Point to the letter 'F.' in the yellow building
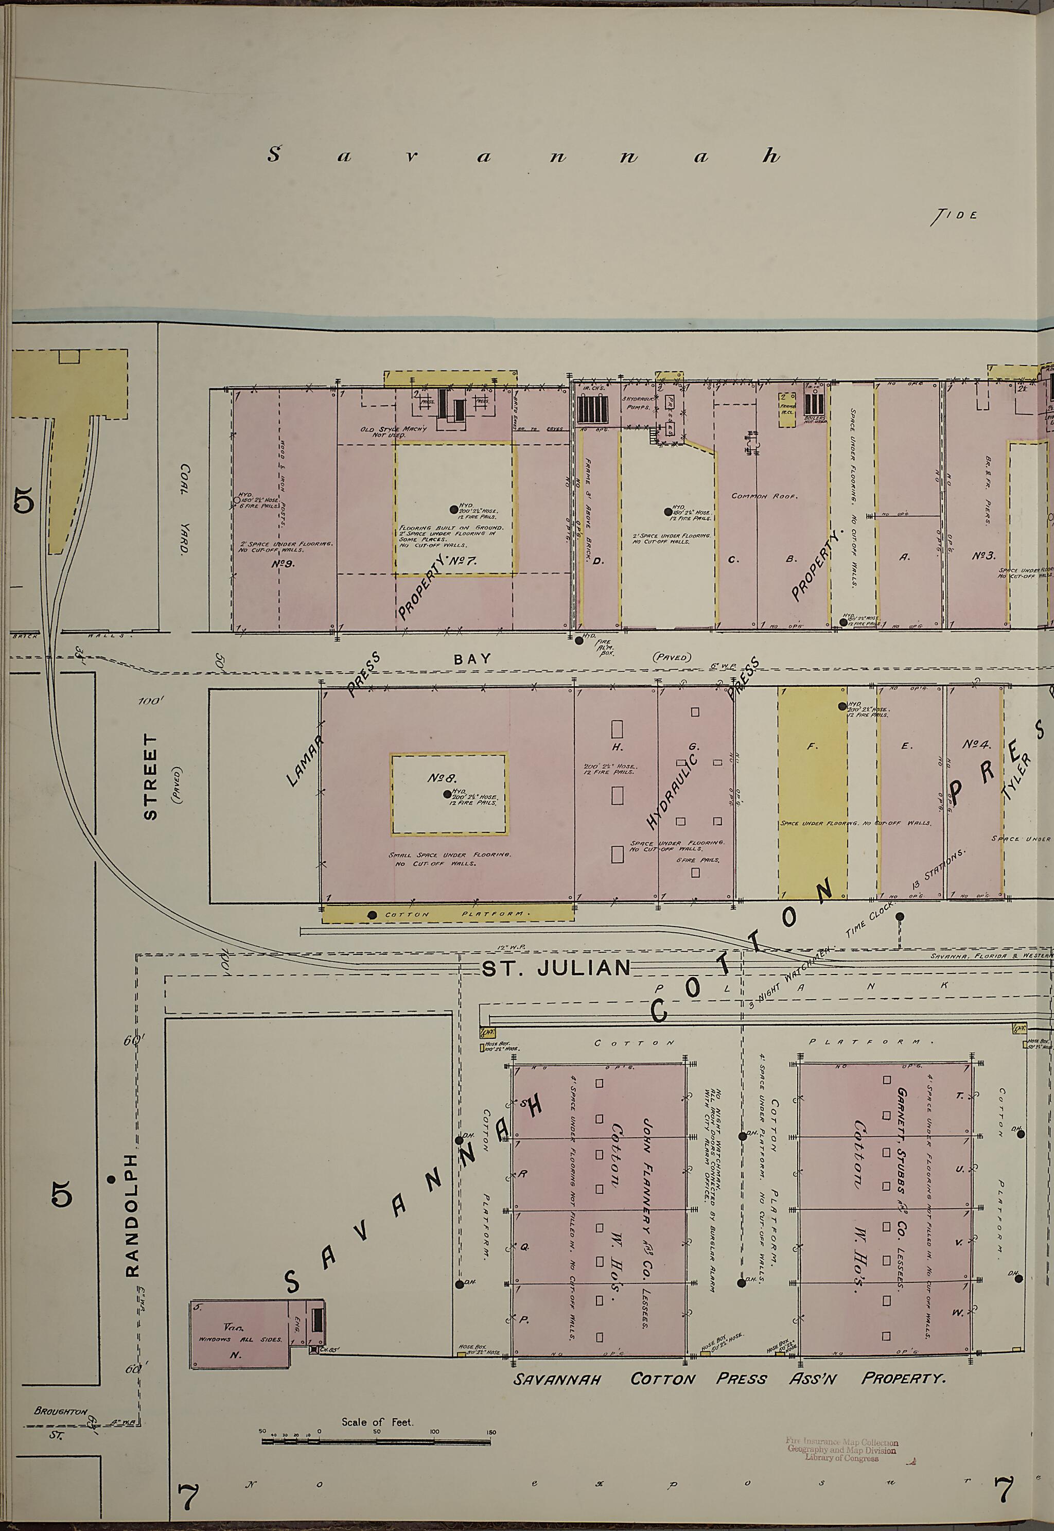click(812, 747)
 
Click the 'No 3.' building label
click(983, 556)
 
